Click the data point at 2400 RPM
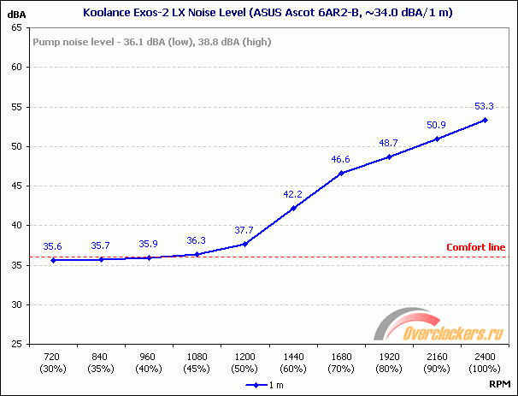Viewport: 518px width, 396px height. (x=485, y=120)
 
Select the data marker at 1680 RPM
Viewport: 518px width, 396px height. (x=341, y=173)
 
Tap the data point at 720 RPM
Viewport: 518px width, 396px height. (x=53, y=260)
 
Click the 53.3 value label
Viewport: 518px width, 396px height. (x=485, y=106)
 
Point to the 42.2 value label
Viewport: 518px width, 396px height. (x=293, y=194)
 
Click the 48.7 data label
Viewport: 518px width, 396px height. (x=389, y=143)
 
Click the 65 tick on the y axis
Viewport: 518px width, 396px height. (x=17, y=27)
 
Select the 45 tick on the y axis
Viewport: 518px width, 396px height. (x=17, y=186)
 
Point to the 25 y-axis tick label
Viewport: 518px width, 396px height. (x=17, y=344)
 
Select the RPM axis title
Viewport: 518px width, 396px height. (x=501, y=385)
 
